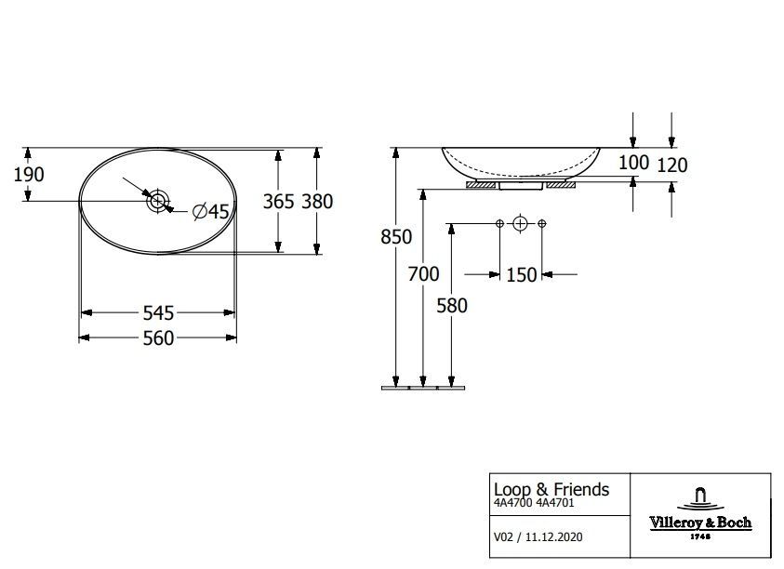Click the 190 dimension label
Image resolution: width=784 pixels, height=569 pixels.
[29, 175]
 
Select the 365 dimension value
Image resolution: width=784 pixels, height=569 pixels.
[278, 202]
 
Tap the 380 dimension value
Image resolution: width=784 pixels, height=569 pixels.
[317, 202]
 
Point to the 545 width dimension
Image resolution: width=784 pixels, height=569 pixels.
[158, 313]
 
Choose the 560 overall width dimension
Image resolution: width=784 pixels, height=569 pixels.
[158, 338]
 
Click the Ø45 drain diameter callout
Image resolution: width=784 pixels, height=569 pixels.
[210, 211]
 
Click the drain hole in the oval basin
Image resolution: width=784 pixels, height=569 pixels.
[157, 201]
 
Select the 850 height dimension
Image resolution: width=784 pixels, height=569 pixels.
[396, 236]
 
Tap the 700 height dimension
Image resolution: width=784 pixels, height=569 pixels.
[423, 274]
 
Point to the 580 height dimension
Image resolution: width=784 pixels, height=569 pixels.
[451, 306]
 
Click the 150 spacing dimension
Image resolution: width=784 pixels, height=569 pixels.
[521, 275]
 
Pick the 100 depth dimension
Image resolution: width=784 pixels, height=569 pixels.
[633, 163]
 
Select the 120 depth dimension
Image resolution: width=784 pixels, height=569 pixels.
[672, 165]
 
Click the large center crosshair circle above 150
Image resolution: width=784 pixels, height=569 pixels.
[521, 223]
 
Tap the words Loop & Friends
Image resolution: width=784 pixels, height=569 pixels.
[551, 489]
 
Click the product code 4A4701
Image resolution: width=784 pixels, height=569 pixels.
[555, 503]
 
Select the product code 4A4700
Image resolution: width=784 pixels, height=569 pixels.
[513, 503]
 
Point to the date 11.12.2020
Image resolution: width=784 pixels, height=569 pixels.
[553, 537]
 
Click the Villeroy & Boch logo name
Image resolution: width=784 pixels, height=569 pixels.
[700, 523]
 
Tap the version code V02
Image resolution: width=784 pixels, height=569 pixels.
[503, 537]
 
